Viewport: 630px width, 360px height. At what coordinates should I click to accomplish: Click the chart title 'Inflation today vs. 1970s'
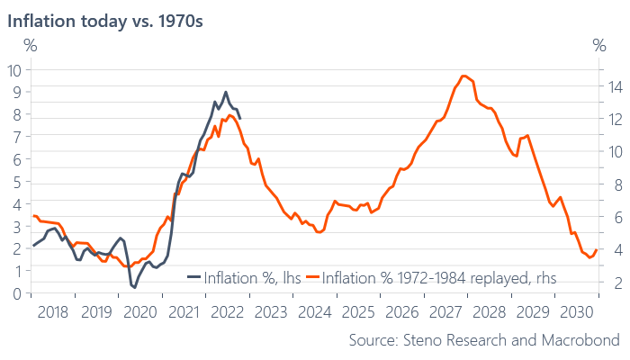click(x=106, y=20)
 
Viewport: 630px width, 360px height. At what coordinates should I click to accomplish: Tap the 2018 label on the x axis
click(x=53, y=311)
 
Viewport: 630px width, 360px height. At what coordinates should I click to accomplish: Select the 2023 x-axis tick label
click(x=270, y=311)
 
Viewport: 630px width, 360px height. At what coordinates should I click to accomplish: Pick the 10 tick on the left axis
click(x=14, y=71)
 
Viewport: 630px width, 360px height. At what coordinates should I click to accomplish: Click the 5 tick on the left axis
click(x=16, y=182)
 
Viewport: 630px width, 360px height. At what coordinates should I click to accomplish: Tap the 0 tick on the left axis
click(x=16, y=293)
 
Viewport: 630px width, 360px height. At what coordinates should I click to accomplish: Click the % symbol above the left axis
click(x=30, y=45)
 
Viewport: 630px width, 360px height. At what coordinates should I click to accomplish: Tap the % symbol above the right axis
click(x=600, y=45)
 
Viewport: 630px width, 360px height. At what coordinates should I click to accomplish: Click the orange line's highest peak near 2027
click(x=463, y=76)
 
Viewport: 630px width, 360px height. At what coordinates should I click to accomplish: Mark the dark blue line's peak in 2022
click(x=225, y=92)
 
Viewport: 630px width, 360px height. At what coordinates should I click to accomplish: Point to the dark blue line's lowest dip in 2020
click(x=133, y=287)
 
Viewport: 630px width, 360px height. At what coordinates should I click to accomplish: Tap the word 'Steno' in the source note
click(x=427, y=340)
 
